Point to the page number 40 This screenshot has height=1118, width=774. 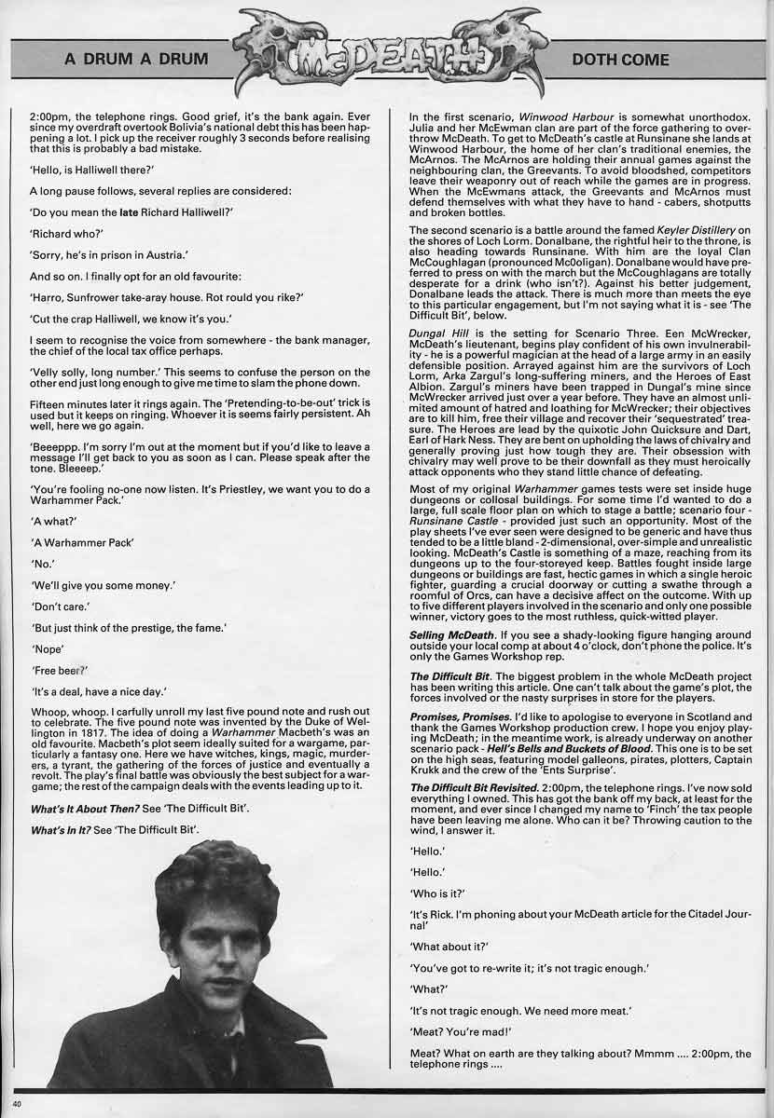point(17,1104)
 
